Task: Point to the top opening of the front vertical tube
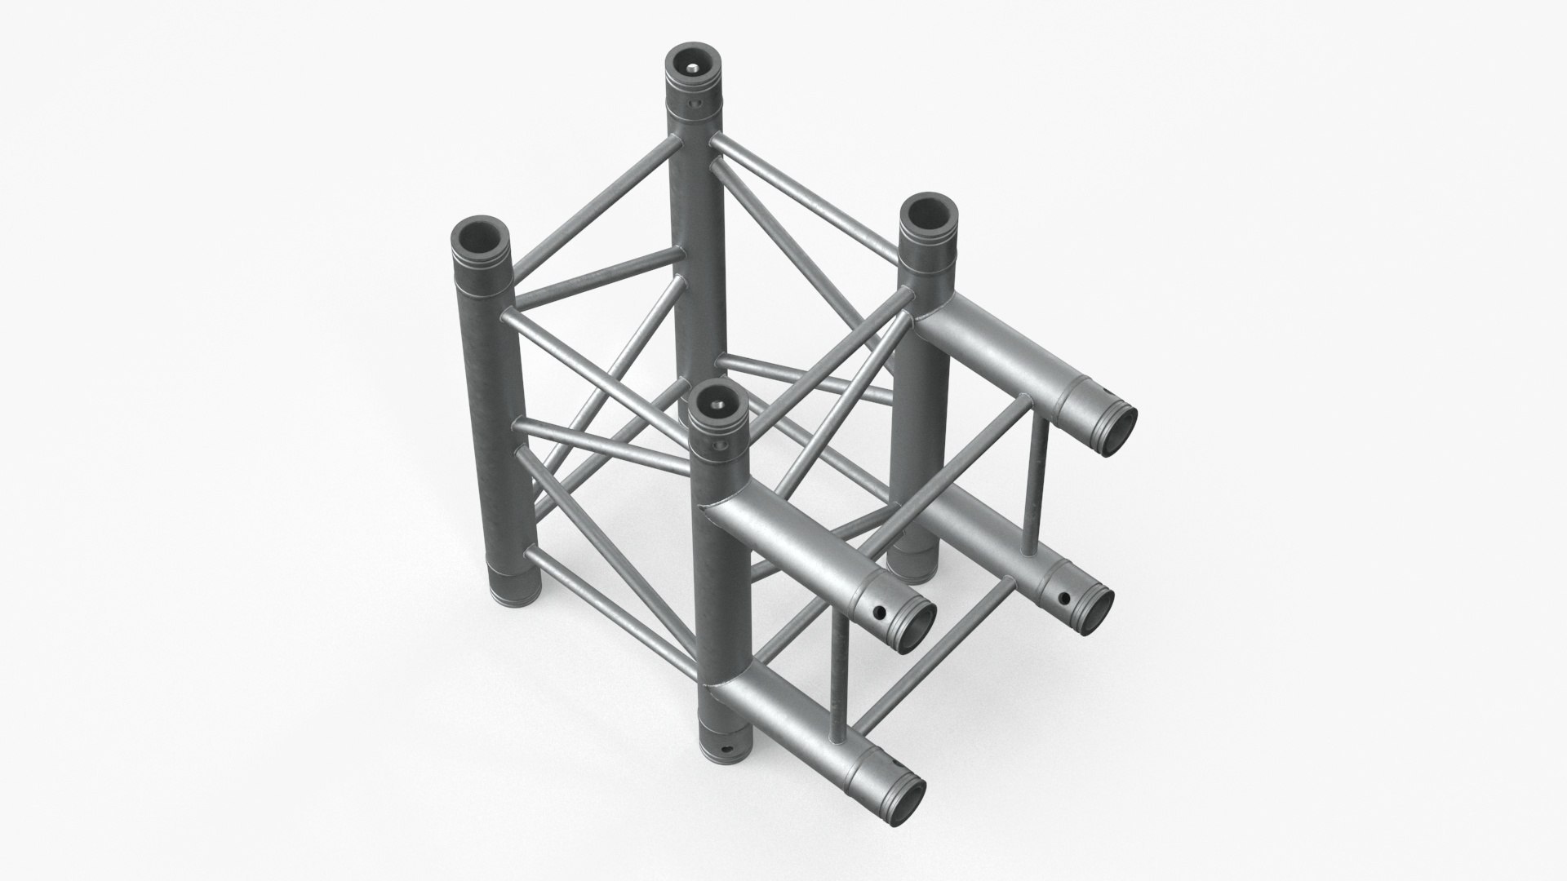717,404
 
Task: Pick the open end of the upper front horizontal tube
916,627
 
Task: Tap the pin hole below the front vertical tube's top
719,445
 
